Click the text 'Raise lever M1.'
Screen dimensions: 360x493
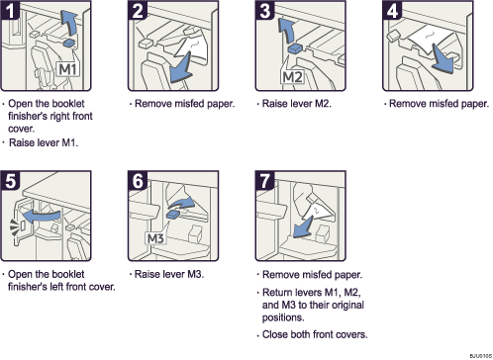click(x=43, y=142)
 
